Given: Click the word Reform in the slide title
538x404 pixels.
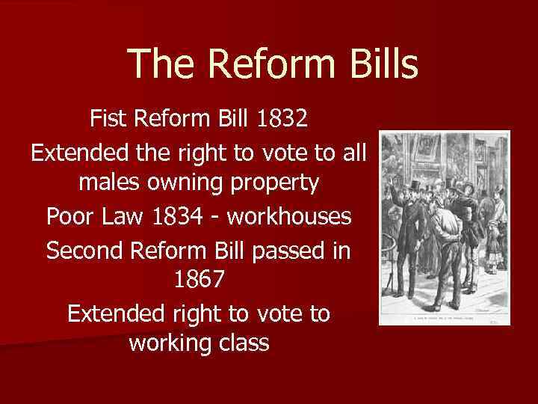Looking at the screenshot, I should tap(264, 64).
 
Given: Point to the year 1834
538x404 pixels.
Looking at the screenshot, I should tap(178, 216).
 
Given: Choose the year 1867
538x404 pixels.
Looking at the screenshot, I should tap(198, 280).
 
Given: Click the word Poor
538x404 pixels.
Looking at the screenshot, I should tap(71, 216).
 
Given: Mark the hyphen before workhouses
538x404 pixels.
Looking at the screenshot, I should tap(217, 218).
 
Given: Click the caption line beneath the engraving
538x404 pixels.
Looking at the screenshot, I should tap(444, 317).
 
